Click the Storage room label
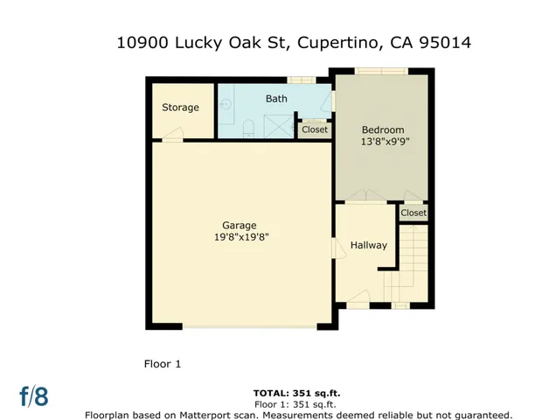pos(180,108)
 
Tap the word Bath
pos(276,99)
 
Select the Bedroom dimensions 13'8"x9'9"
pos(386,141)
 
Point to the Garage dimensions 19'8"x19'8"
pos(238,237)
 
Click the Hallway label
pos(368,245)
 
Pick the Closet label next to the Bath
pos(314,129)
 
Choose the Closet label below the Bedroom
pos(413,213)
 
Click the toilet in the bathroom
pos(247,129)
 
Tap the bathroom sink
pos(225,104)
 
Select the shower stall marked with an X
pos(278,127)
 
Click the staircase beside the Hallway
pos(413,262)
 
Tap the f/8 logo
pos(34,395)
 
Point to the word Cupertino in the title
pos(334,42)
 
